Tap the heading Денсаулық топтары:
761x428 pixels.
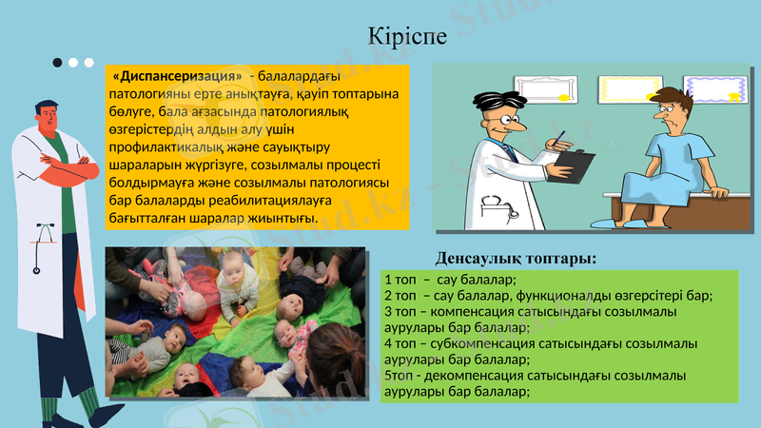517,258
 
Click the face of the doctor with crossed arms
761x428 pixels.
49,116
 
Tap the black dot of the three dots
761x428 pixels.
58,63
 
